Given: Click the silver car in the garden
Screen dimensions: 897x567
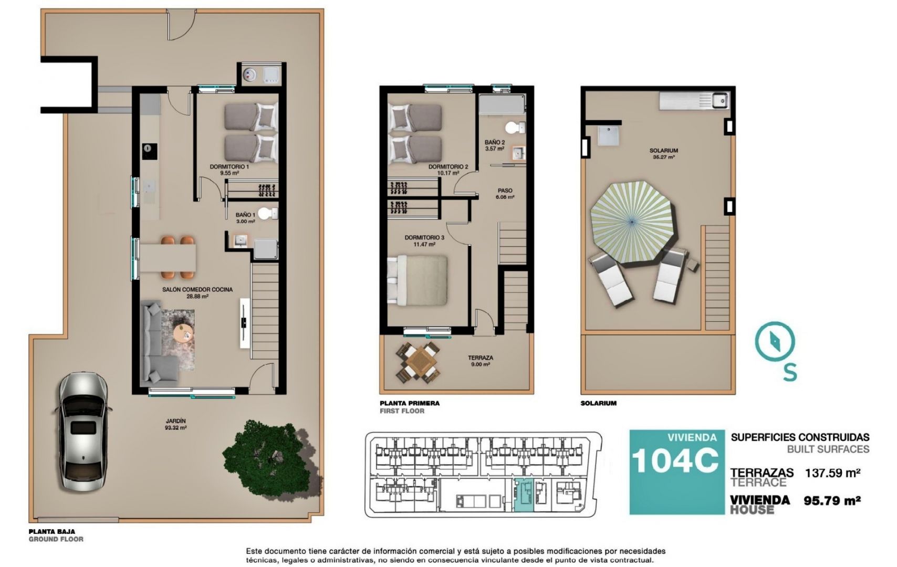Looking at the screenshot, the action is [x=83, y=431].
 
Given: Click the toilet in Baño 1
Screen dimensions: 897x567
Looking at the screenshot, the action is [x=268, y=214].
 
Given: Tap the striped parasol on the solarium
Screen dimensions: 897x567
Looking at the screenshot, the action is [x=631, y=222].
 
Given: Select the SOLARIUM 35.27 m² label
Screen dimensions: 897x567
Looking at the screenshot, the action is [x=663, y=154].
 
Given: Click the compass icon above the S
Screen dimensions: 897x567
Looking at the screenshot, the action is [x=775, y=342].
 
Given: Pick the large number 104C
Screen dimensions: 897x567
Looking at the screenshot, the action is [x=675, y=461].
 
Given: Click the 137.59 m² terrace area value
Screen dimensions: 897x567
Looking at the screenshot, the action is [x=832, y=473].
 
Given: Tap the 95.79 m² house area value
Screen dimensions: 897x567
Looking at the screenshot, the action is [x=832, y=500].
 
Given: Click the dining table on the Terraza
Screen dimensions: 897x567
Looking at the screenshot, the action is [x=419, y=362].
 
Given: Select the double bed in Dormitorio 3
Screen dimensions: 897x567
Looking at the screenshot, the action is [x=418, y=281].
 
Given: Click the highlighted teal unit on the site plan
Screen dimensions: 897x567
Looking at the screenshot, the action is [x=524, y=495].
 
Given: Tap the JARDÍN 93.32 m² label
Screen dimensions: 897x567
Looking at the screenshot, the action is [x=176, y=424].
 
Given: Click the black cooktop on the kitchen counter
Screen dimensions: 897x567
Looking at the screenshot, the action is [x=149, y=151].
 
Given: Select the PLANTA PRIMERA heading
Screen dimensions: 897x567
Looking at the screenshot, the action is [x=409, y=403].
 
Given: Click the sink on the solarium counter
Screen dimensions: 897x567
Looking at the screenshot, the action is [x=719, y=100].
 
